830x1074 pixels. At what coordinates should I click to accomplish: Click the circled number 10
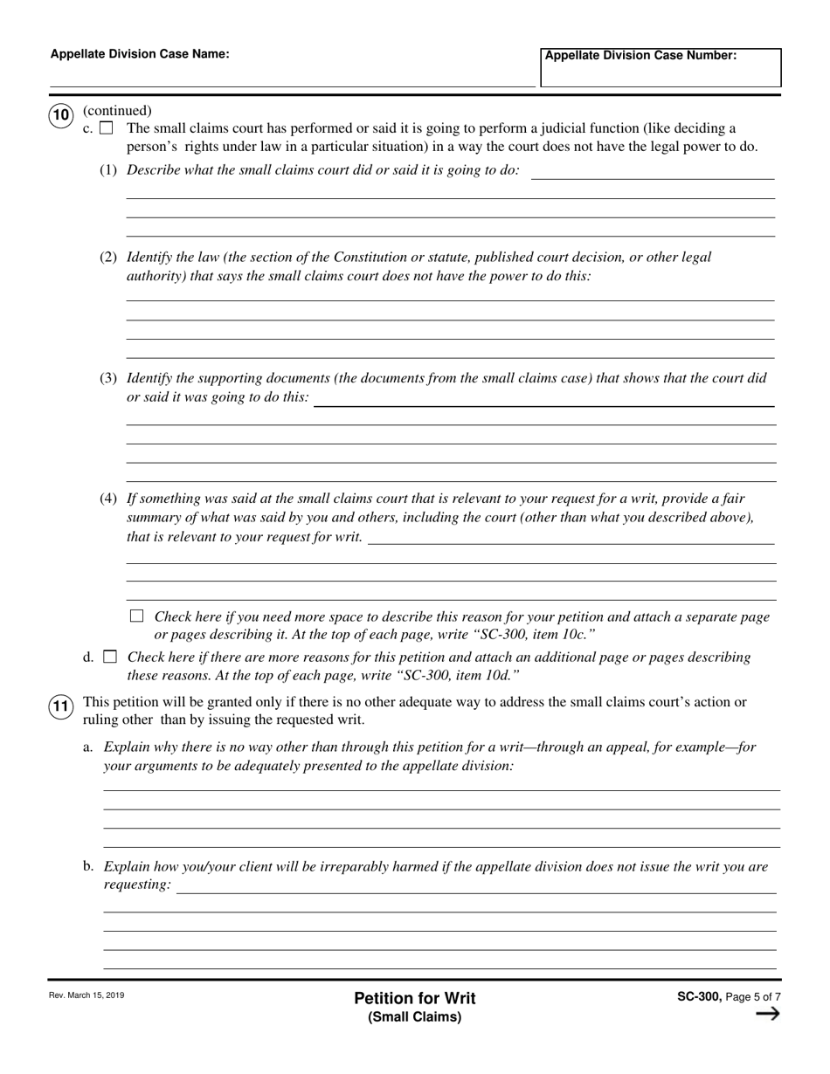[60, 115]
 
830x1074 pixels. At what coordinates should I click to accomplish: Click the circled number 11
[60, 706]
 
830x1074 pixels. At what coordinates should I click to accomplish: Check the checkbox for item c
[107, 128]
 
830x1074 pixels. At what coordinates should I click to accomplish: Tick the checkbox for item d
[109, 657]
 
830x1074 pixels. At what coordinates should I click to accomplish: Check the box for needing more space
[136, 616]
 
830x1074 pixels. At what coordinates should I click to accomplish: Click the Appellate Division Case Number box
[660, 67]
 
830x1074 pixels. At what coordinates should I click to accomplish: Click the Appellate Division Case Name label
[140, 54]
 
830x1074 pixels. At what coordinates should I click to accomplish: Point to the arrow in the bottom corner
[766, 1014]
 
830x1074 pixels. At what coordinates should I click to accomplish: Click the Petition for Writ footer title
[415, 998]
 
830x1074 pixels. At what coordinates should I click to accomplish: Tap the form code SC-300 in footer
[698, 996]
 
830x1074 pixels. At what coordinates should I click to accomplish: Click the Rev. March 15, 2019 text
[87, 995]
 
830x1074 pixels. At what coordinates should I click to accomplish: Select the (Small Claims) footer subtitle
[415, 1016]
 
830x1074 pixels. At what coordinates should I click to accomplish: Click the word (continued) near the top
[117, 110]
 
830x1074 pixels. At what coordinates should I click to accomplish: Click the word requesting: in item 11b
[137, 885]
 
